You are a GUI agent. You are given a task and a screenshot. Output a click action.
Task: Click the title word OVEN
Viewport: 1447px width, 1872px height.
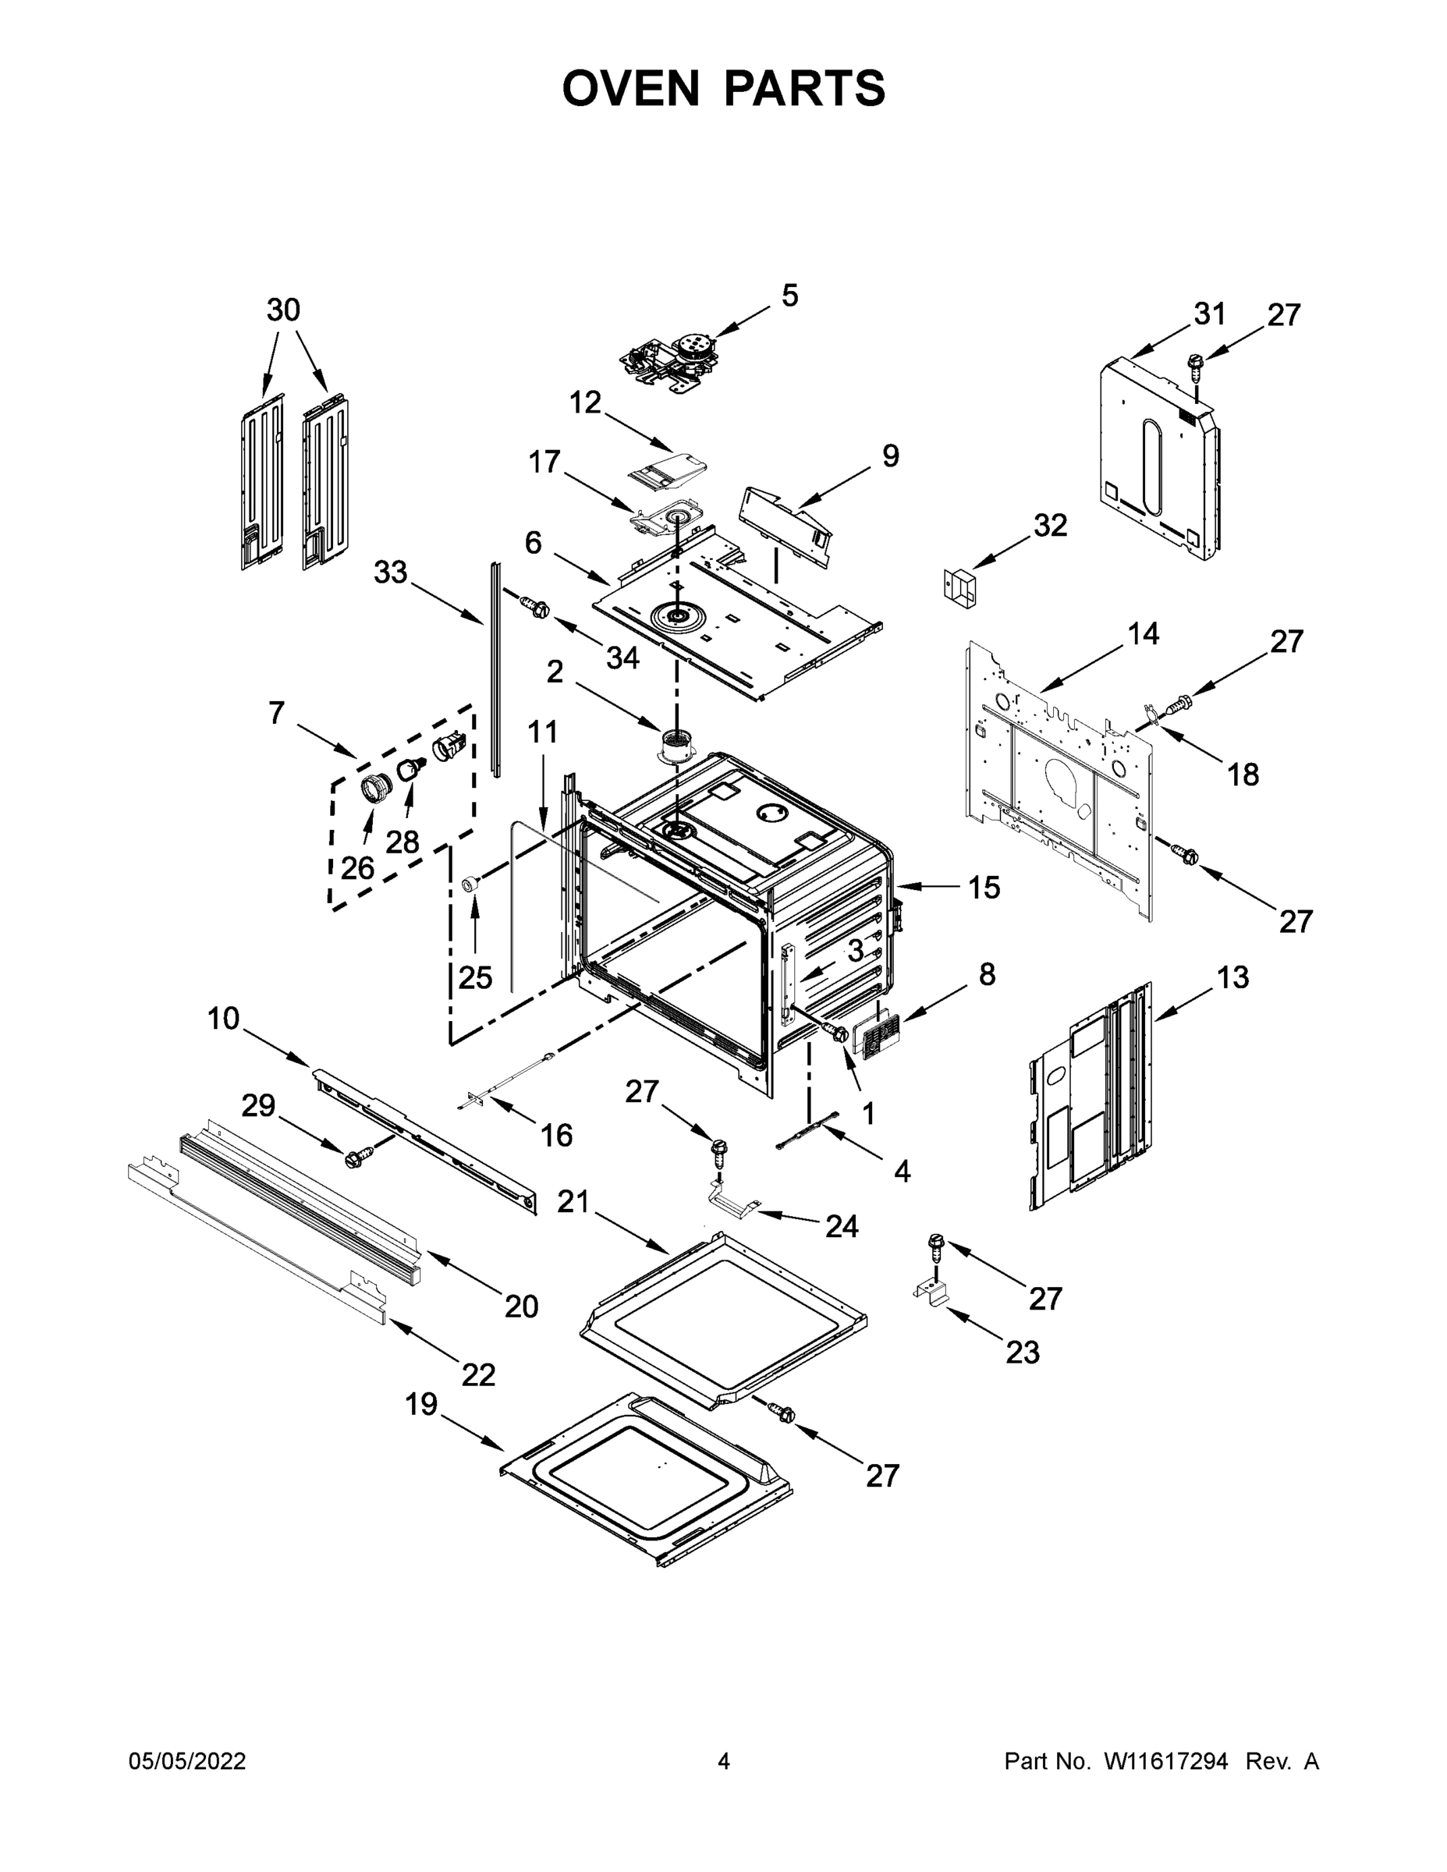click(x=630, y=88)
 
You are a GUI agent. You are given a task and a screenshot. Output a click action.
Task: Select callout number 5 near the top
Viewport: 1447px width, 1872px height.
click(x=789, y=296)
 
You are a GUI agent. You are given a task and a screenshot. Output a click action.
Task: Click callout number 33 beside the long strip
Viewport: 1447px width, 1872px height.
click(x=390, y=573)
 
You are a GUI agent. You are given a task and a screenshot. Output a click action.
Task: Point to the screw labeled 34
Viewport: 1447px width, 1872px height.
click(x=537, y=607)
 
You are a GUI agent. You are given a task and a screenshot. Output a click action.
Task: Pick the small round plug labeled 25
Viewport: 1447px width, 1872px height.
click(x=470, y=884)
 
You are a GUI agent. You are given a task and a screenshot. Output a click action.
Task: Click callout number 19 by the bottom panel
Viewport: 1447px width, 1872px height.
click(x=421, y=1405)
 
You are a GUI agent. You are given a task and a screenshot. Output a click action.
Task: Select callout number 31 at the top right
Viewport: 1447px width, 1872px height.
click(x=1210, y=314)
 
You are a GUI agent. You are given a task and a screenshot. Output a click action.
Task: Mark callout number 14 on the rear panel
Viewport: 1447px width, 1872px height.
click(x=1144, y=634)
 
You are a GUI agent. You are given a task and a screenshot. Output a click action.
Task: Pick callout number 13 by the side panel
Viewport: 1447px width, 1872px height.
click(x=1232, y=977)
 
